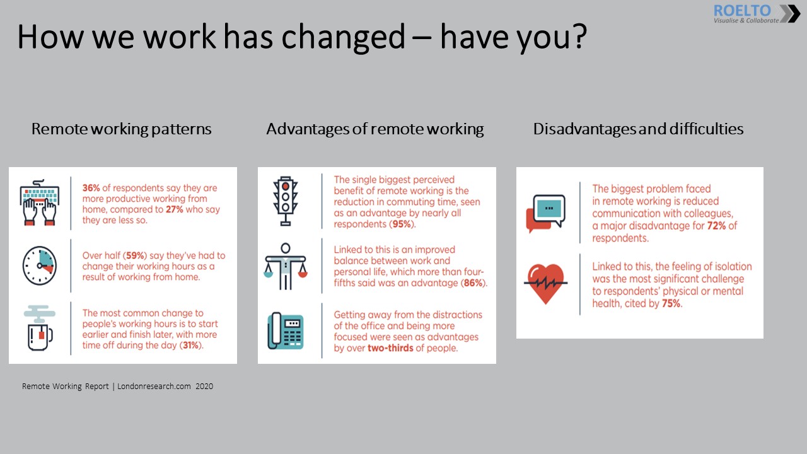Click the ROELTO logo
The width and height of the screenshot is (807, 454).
756,14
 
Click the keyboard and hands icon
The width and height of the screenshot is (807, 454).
39,202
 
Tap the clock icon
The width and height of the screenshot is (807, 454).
39,265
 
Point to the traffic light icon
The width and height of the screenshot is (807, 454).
286,201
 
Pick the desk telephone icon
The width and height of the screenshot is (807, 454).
286,332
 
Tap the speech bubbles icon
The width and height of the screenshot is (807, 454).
545,213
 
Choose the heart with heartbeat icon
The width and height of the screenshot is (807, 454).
545,283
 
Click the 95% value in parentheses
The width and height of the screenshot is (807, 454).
401,224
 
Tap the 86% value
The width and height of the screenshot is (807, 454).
473,283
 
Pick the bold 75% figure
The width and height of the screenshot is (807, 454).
670,303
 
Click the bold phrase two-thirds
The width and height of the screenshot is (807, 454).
386,348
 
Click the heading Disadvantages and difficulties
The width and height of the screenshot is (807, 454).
638,129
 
